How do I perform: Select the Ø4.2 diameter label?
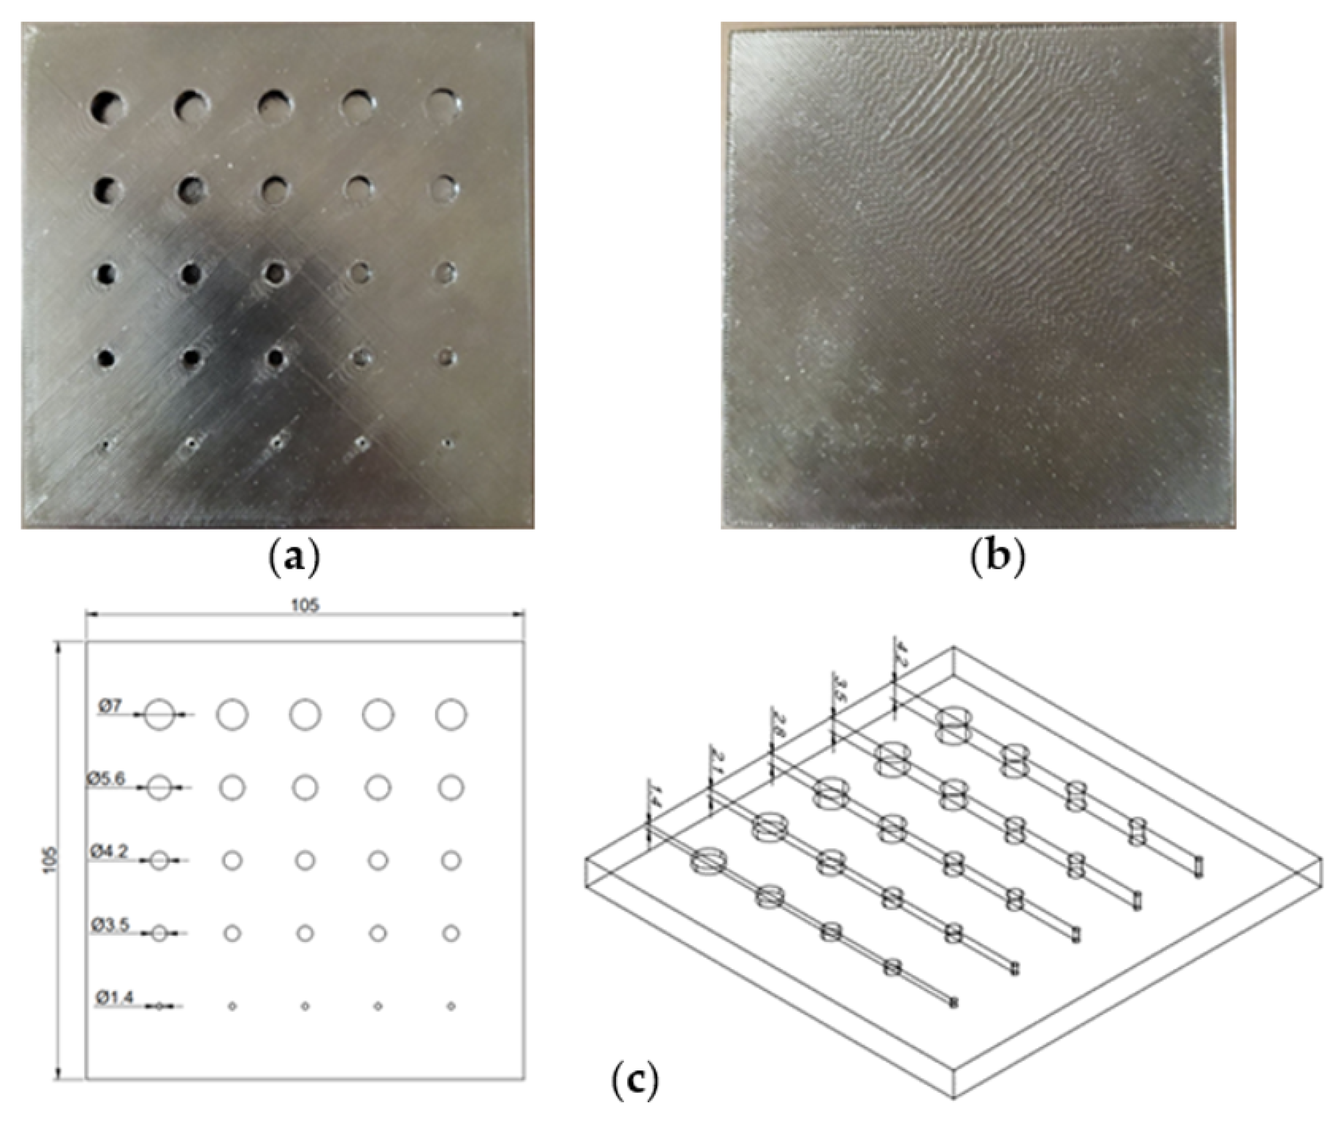108,852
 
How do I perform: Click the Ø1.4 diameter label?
115,996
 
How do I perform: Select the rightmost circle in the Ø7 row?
451,715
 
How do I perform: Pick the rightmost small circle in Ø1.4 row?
451,1006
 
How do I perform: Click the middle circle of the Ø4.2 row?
305,860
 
